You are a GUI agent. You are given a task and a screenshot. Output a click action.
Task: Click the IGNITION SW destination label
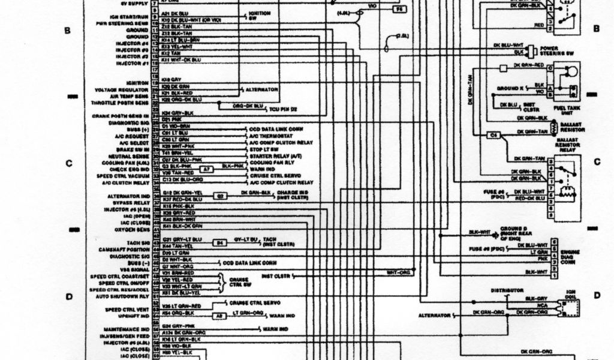tap(260, 15)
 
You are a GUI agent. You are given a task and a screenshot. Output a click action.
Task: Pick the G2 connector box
tap(221, 196)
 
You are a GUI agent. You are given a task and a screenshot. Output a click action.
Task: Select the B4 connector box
tap(219, 243)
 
